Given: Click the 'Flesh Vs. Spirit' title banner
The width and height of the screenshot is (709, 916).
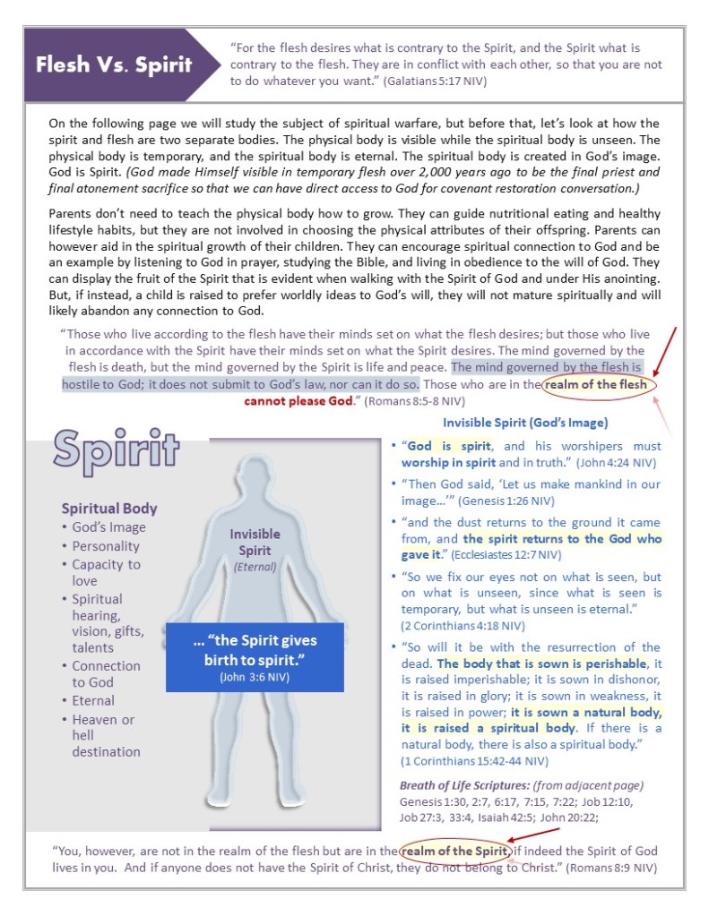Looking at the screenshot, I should click(113, 64).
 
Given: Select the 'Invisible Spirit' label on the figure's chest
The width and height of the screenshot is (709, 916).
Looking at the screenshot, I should click(255, 542).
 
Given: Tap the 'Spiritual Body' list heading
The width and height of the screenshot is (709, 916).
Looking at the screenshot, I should click(109, 508).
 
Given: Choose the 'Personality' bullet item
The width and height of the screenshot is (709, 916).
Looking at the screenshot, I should click(106, 545).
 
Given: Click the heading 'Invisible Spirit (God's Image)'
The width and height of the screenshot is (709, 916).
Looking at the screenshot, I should click(525, 422).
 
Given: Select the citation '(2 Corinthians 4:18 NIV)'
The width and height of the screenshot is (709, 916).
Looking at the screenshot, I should click(463, 626).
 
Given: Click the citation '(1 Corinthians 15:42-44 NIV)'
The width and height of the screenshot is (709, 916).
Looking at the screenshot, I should click(474, 761).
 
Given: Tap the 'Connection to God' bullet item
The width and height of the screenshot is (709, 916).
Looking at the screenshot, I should click(106, 673).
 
